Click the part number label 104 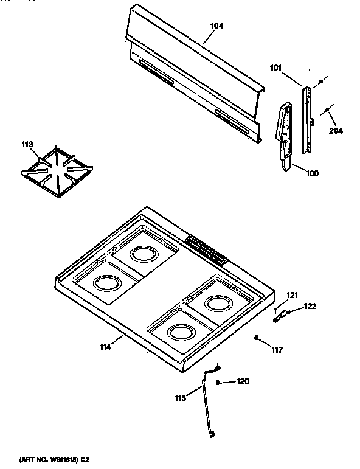(216, 26)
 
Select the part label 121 (293, 296)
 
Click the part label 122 (310, 306)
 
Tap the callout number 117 (277, 349)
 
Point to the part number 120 (243, 381)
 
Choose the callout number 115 (180, 398)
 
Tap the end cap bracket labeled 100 (284, 137)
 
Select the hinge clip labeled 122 (280, 315)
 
